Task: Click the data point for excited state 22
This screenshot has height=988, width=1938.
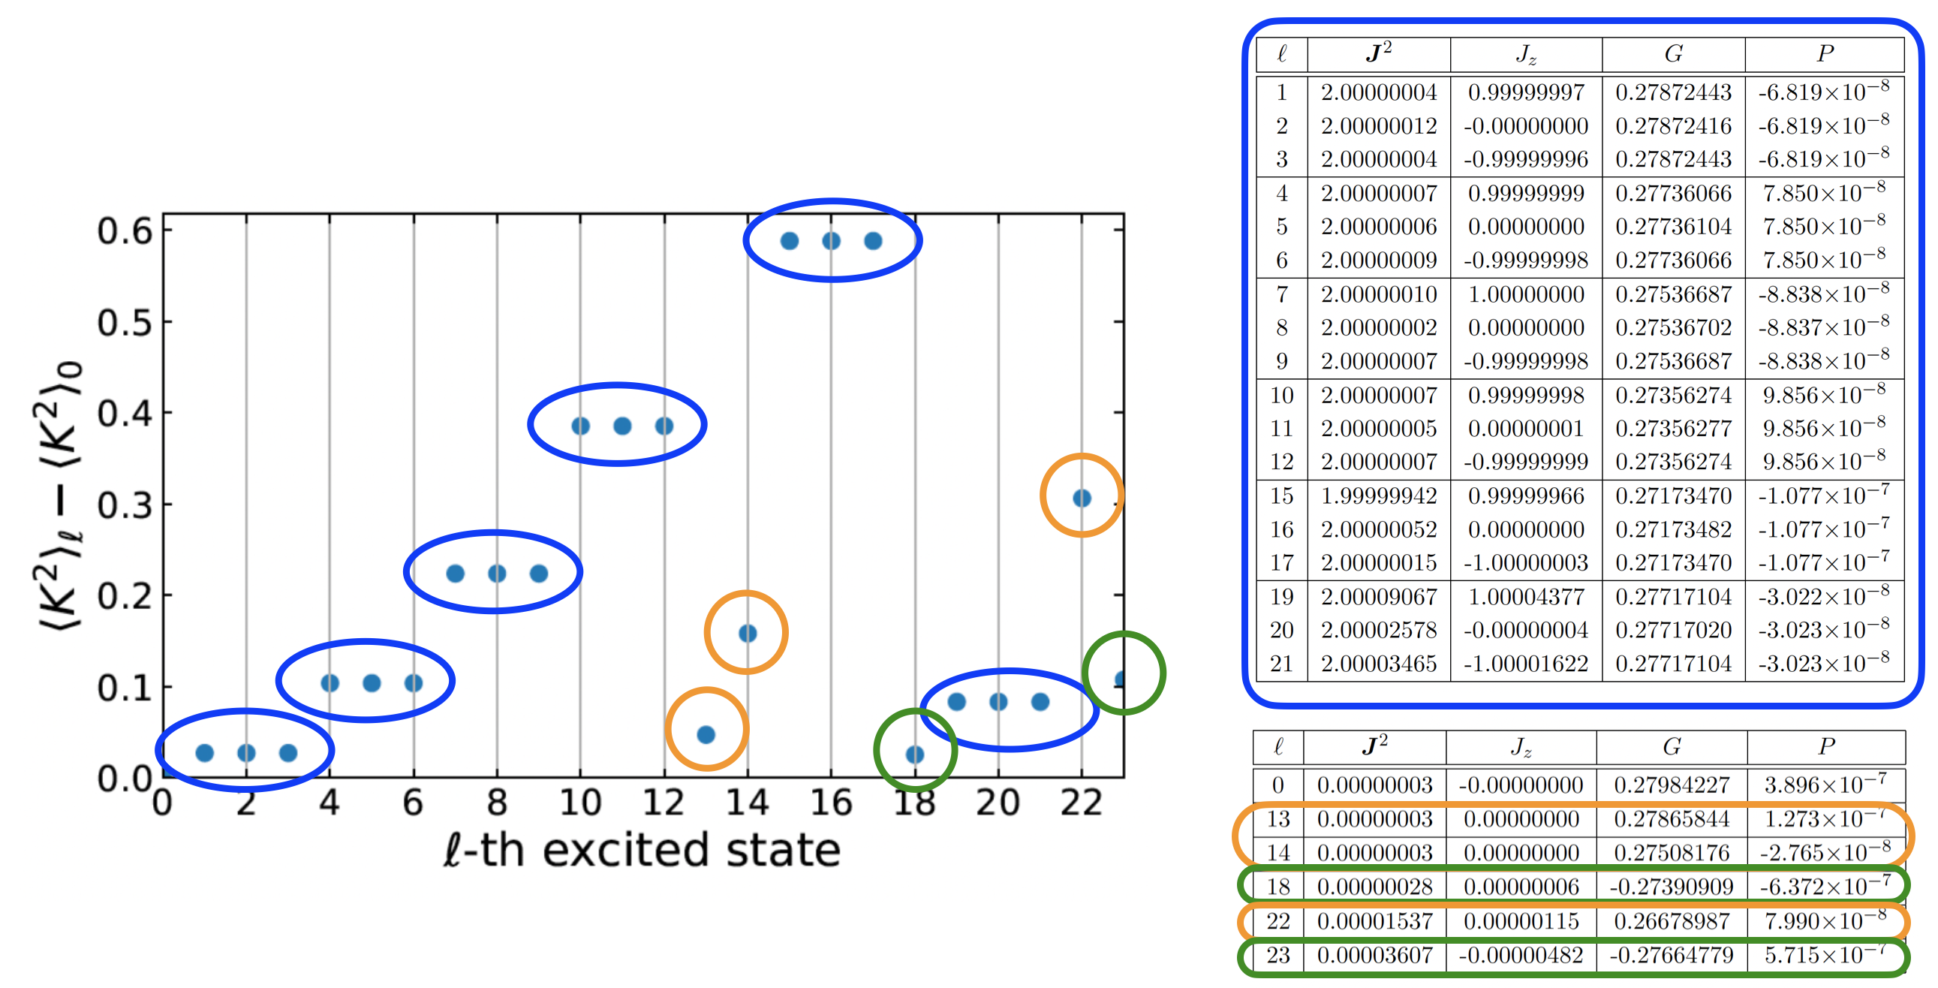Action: pyautogui.click(x=1081, y=499)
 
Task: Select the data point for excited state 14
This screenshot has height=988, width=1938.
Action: pyautogui.click(x=747, y=634)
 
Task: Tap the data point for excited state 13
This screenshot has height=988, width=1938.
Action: pyautogui.click(x=706, y=734)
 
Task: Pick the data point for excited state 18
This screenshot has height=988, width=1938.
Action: pyautogui.click(x=915, y=754)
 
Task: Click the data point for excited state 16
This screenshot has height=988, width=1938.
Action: pyautogui.click(x=832, y=241)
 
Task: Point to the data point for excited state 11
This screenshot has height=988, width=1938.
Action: pyautogui.click(x=622, y=426)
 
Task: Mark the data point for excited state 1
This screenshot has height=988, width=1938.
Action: pyautogui.click(x=205, y=752)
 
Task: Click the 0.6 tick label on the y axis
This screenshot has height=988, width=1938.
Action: pyautogui.click(x=125, y=231)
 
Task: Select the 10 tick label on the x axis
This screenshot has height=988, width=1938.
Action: pyautogui.click(x=580, y=803)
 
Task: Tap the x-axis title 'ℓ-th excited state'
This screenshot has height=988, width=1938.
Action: pyautogui.click(x=641, y=851)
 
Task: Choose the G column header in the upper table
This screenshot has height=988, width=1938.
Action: pyautogui.click(x=1673, y=53)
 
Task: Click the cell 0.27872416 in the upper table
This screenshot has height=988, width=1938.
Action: pyautogui.click(x=1673, y=125)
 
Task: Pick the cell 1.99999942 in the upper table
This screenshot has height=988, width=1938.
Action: pyautogui.click(x=1378, y=496)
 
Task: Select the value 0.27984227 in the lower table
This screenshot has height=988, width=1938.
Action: pyautogui.click(x=1671, y=785)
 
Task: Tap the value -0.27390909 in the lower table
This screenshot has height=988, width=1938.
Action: pyautogui.click(x=1671, y=887)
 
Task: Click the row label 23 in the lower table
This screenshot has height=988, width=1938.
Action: pyautogui.click(x=1277, y=955)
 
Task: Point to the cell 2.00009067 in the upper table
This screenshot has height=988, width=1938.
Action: pyautogui.click(x=1378, y=597)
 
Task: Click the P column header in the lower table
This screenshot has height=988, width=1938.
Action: pyautogui.click(x=1826, y=746)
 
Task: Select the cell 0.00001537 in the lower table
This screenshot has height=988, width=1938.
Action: pyautogui.click(x=1374, y=921)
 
